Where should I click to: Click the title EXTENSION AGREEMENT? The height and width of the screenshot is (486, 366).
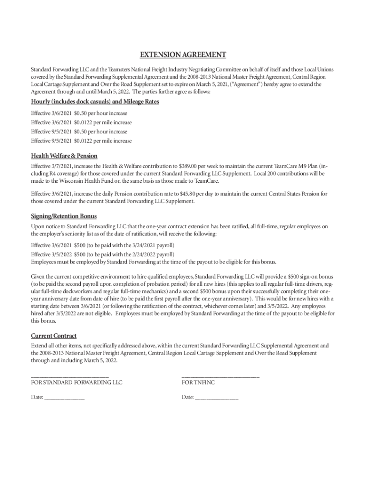[183, 55]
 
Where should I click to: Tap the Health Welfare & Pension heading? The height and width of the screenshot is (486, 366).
[64, 156]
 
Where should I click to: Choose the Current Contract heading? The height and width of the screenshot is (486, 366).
[54, 336]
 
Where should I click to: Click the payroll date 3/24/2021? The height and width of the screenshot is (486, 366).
[144, 245]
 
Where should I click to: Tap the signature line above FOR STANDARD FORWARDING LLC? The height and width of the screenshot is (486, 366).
[70, 376]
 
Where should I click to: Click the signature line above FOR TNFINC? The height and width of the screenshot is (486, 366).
[221, 376]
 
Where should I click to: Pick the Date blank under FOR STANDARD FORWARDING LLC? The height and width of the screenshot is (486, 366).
[64, 398]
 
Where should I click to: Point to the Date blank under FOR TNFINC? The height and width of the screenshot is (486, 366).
[217, 398]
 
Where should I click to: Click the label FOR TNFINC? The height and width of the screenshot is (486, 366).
[198, 382]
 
